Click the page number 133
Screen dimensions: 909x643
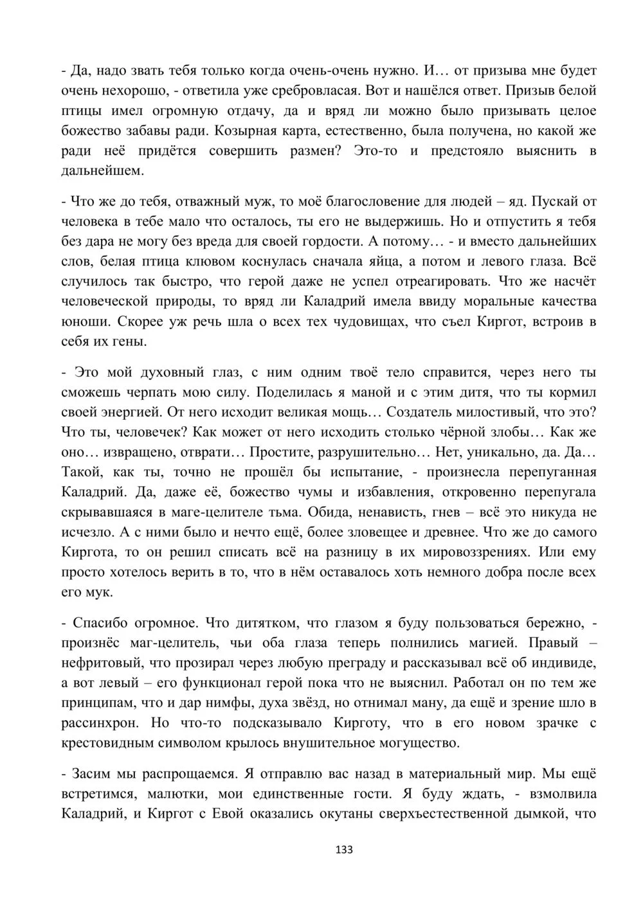345,849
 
